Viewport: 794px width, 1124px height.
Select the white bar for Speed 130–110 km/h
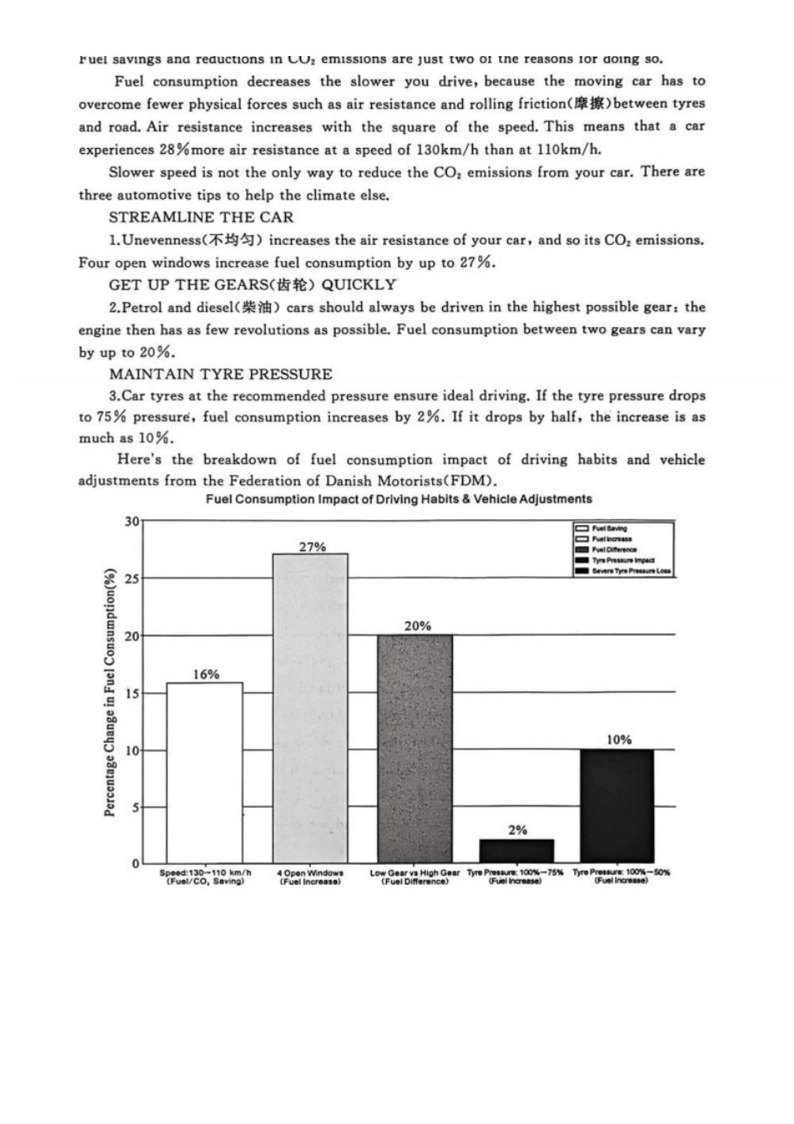[205, 773]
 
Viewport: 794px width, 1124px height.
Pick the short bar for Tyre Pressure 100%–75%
[517, 851]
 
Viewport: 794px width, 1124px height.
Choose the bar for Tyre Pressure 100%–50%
[617, 806]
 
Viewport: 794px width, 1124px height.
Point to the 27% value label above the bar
[313, 547]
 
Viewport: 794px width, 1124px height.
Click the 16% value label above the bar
[206, 674]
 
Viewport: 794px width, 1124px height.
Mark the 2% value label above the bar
[517, 830]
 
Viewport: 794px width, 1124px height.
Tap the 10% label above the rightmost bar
[618, 739]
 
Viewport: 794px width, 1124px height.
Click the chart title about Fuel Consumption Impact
[399, 499]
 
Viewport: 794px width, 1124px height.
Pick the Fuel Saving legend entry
[609, 529]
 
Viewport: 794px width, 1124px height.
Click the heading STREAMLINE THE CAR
[201, 217]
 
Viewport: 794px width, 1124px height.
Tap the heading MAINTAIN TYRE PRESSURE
[220, 374]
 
